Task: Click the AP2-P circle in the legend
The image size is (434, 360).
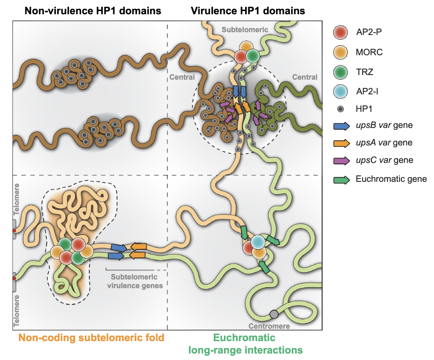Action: tap(342, 33)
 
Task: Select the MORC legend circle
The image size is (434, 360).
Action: tap(342, 52)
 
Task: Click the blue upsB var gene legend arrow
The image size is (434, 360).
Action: tap(342, 125)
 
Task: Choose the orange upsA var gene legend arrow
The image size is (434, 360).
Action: tap(342, 143)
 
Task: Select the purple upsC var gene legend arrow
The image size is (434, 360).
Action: tap(342, 160)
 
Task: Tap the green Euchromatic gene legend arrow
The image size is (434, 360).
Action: tap(342, 179)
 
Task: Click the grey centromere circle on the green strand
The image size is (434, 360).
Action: tap(274, 314)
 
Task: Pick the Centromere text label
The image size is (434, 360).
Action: tap(269, 326)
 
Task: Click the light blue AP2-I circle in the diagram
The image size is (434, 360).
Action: tap(259, 241)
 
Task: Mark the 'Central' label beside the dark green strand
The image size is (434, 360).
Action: tap(305, 77)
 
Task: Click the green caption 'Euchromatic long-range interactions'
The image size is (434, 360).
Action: tap(245, 344)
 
